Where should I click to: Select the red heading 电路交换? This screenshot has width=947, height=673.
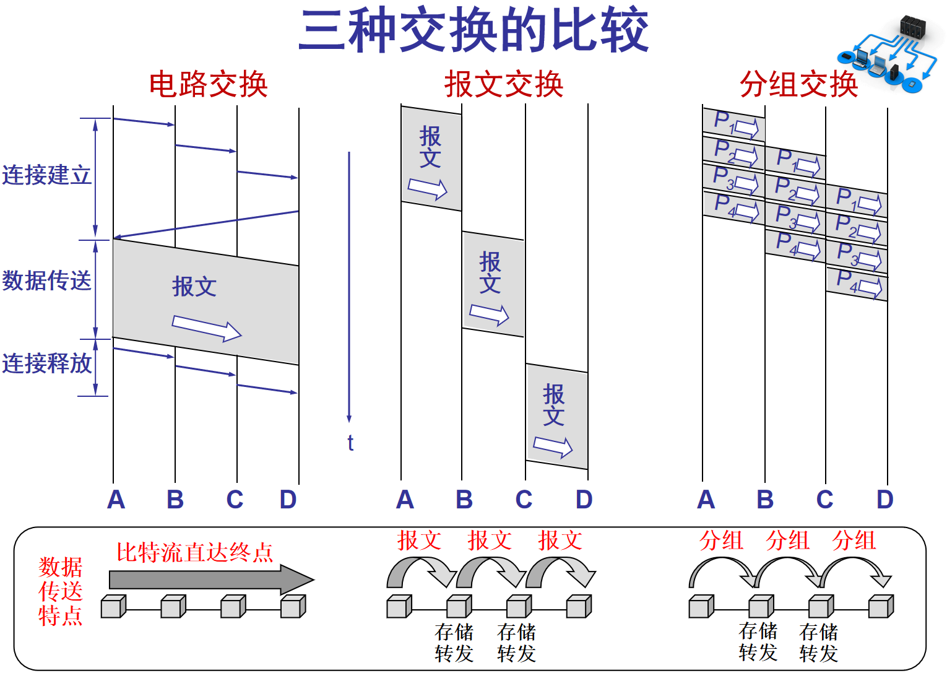pyautogui.click(x=209, y=84)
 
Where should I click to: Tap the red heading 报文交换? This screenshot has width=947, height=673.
pyautogui.click(x=504, y=84)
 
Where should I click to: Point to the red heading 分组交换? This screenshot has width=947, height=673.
pyautogui.click(x=798, y=84)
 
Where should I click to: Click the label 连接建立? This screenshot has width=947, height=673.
pyautogui.click(x=46, y=175)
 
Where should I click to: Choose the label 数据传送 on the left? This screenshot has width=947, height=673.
pyautogui.click(x=46, y=280)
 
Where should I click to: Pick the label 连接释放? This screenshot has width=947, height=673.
pyautogui.click(x=46, y=363)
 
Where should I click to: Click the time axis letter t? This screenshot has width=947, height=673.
pyautogui.click(x=350, y=443)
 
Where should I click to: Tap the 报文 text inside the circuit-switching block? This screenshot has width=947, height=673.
pyautogui.click(x=194, y=287)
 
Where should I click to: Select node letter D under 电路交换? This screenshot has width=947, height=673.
pyautogui.click(x=288, y=499)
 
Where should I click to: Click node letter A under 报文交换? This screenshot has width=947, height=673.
pyautogui.click(x=405, y=499)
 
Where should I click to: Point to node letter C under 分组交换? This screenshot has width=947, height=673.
pyautogui.click(x=824, y=499)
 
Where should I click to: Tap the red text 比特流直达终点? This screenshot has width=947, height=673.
pyautogui.click(x=195, y=552)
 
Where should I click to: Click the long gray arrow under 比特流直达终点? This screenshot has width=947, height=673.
pyautogui.click(x=210, y=580)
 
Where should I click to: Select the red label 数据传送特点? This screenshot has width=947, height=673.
pyautogui.click(x=60, y=591)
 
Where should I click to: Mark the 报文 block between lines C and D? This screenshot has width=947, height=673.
pyautogui.click(x=556, y=416)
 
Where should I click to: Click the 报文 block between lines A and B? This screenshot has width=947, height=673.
pyautogui.click(x=431, y=158)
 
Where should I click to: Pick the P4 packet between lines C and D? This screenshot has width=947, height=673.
pyautogui.click(x=857, y=284)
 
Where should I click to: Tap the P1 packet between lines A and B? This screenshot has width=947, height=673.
pyautogui.click(x=733, y=124)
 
